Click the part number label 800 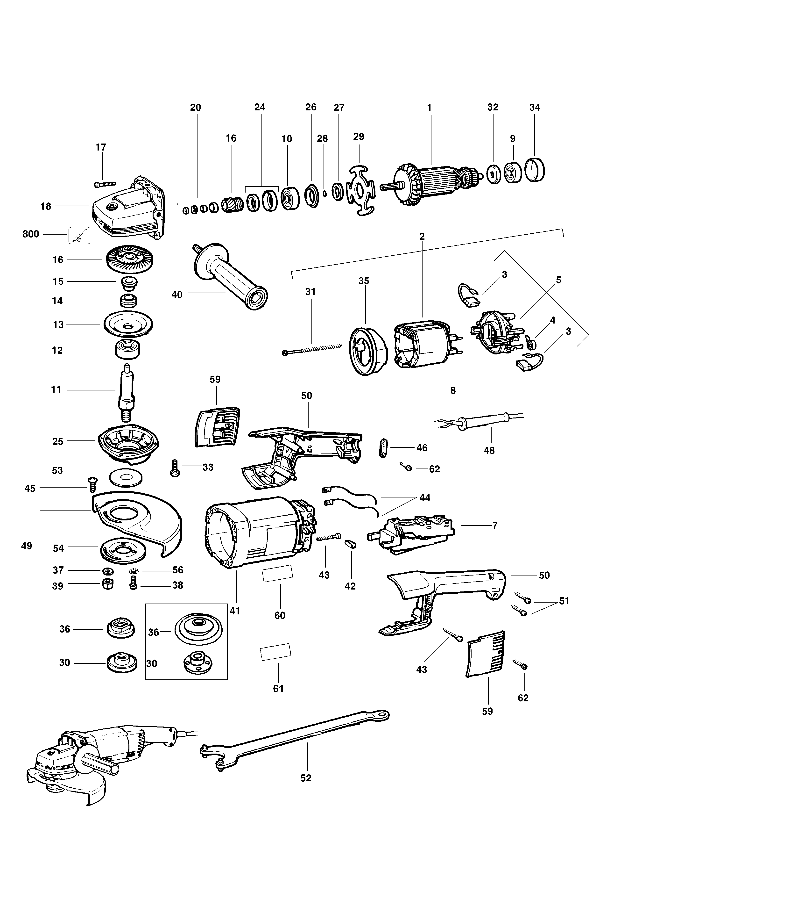[x=30, y=234]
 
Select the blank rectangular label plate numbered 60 [x=277, y=574]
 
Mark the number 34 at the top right [x=534, y=107]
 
